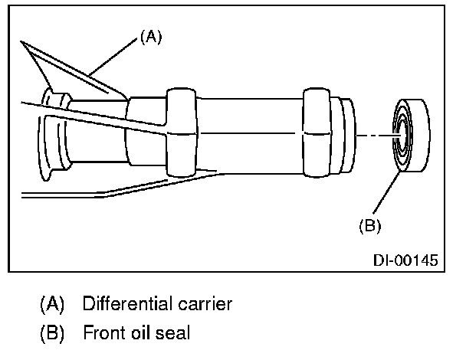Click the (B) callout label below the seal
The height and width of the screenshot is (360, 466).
[370, 225]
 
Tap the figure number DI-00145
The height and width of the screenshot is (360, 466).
[406, 260]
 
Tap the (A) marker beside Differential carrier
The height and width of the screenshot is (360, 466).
[52, 304]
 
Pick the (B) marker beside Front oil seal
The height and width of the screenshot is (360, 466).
[52, 333]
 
